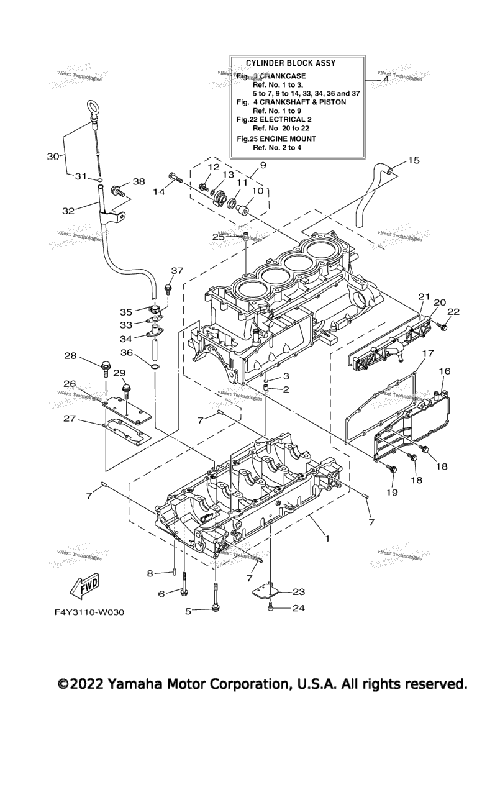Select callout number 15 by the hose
pos(413,160)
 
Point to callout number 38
pos(139,182)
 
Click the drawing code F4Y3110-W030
pos(89,612)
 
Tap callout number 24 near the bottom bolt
pos(299,608)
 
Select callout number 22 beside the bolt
pos(453,312)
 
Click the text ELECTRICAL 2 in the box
pos(295,119)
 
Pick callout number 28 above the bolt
pos(70,356)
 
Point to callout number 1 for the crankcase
pos(327,538)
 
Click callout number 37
pos(178,270)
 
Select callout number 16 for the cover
pos(445,371)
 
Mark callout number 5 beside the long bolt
pos(188,611)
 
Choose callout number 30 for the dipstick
pos(53,157)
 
